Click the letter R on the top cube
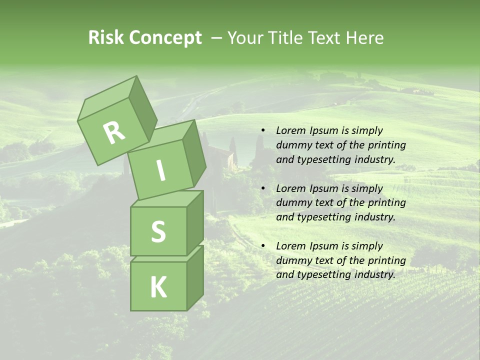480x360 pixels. click(x=114, y=132)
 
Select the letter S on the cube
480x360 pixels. click(x=158, y=231)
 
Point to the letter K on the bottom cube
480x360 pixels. click(x=158, y=287)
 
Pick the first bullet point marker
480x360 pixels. click(x=262, y=131)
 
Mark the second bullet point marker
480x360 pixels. click(x=262, y=189)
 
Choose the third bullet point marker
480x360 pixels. click(x=262, y=246)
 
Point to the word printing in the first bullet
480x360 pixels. click(x=387, y=145)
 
